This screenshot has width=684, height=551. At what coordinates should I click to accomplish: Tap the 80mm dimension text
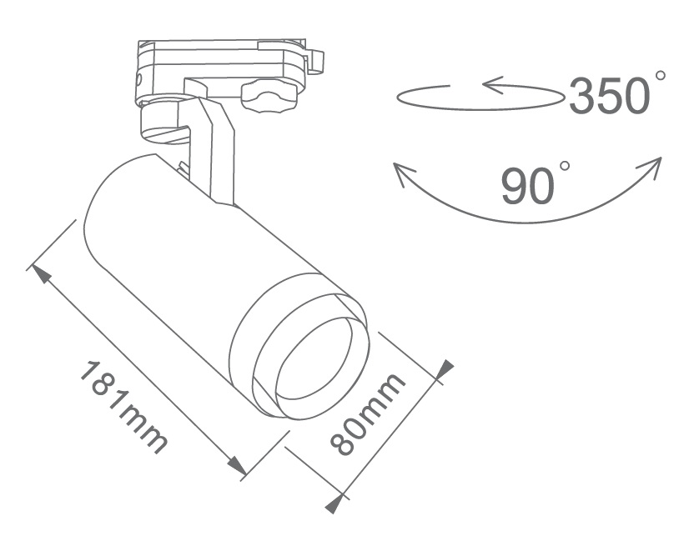(368, 414)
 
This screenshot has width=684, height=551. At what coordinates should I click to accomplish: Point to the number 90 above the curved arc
(527, 185)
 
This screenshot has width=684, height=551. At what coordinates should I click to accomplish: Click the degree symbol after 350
(661, 76)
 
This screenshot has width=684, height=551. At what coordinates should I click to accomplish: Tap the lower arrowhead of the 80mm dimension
(335, 503)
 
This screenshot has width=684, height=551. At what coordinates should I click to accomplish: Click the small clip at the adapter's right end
(315, 59)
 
